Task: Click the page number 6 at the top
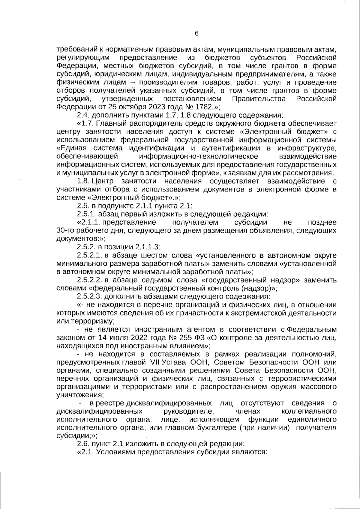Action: pyautogui.click(x=196, y=33)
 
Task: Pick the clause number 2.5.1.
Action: pyautogui.click(x=86, y=214)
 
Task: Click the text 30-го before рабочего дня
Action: pyautogui.click(x=65, y=231)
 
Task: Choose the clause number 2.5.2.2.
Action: pyautogui.click(x=90, y=280)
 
